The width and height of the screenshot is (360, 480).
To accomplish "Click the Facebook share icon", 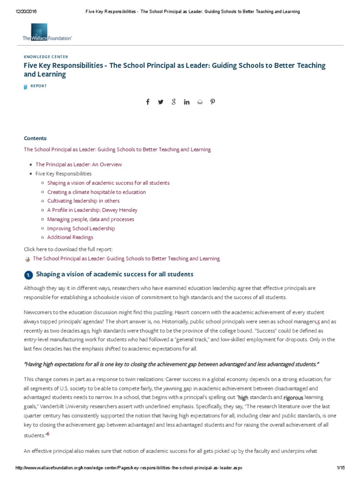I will coord(148,102).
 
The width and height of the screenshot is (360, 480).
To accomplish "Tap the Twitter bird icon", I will coord(161,102).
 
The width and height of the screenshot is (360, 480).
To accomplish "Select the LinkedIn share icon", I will coord(187,102).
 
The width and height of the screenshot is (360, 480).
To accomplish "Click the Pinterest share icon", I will coord(212,102).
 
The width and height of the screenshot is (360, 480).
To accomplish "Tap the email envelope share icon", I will coord(200,102).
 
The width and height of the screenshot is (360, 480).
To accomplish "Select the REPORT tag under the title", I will coord(38,86).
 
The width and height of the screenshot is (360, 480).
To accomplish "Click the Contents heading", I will coord(35,138).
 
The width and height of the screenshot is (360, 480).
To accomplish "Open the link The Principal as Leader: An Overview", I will coord(79,165).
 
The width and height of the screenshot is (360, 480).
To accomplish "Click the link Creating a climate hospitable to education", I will coord(96,192).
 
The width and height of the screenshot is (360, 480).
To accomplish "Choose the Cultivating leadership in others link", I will coord(83,201).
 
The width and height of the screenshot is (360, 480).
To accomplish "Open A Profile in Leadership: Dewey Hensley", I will coord(92,210).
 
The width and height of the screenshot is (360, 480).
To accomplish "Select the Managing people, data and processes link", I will coord(90,219).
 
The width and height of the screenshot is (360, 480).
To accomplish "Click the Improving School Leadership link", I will coord(81,228).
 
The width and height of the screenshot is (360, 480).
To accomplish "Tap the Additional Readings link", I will coord(70,237).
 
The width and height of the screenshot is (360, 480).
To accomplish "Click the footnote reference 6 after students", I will coord(48,434).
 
